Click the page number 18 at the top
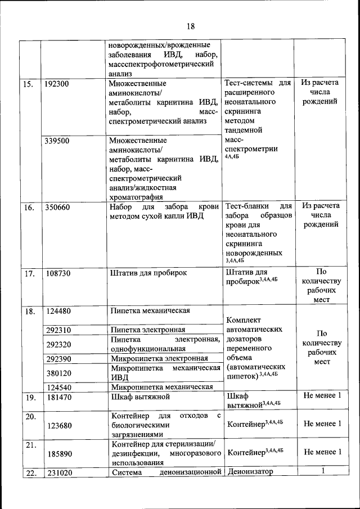(x=190, y=26)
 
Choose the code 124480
(x=58, y=310)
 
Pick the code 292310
(x=58, y=330)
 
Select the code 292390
(x=58, y=358)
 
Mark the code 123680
(x=58, y=425)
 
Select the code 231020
(x=58, y=472)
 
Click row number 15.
(x=28, y=84)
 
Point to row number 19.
(x=29, y=397)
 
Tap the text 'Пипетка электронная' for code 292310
(x=148, y=330)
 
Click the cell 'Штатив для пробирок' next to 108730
(x=148, y=273)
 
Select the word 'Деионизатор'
(x=250, y=472)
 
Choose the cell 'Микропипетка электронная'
(x=159, y=358)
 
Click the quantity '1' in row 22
(x=322, y=471)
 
